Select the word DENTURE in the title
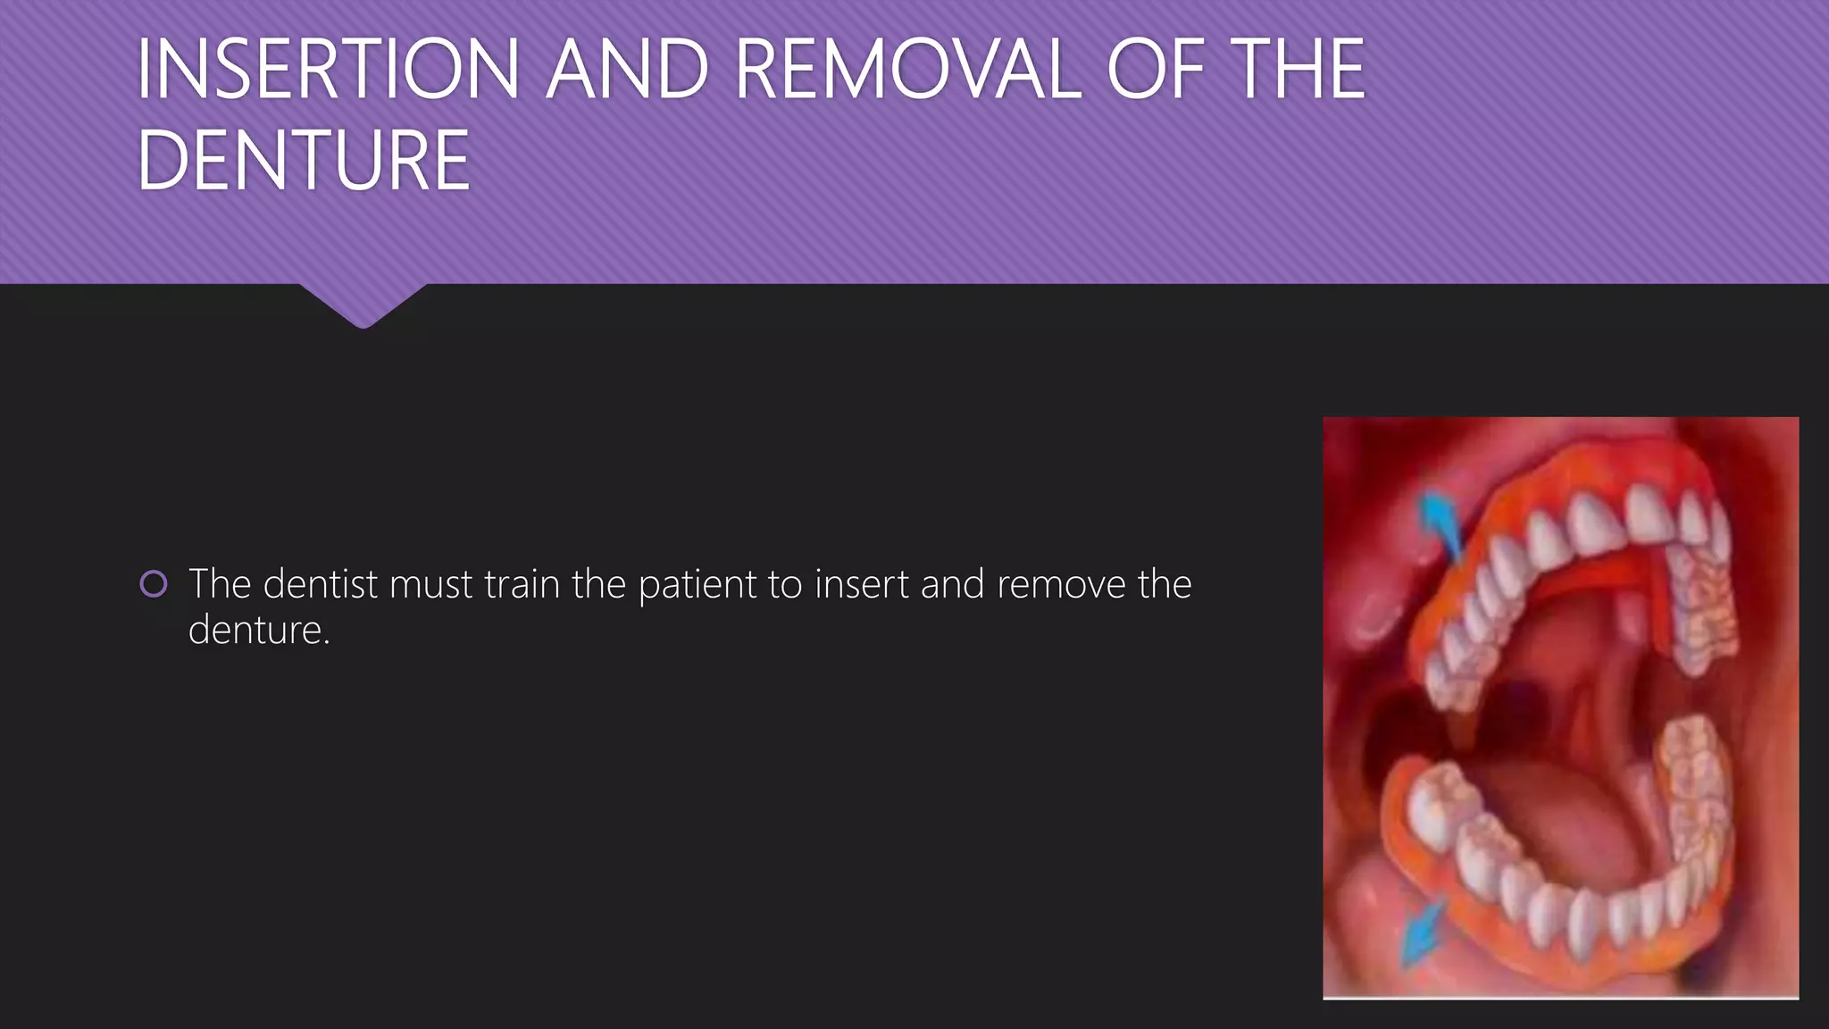pos(303,161)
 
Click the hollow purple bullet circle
pos(154,584)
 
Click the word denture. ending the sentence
pos(259,631)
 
